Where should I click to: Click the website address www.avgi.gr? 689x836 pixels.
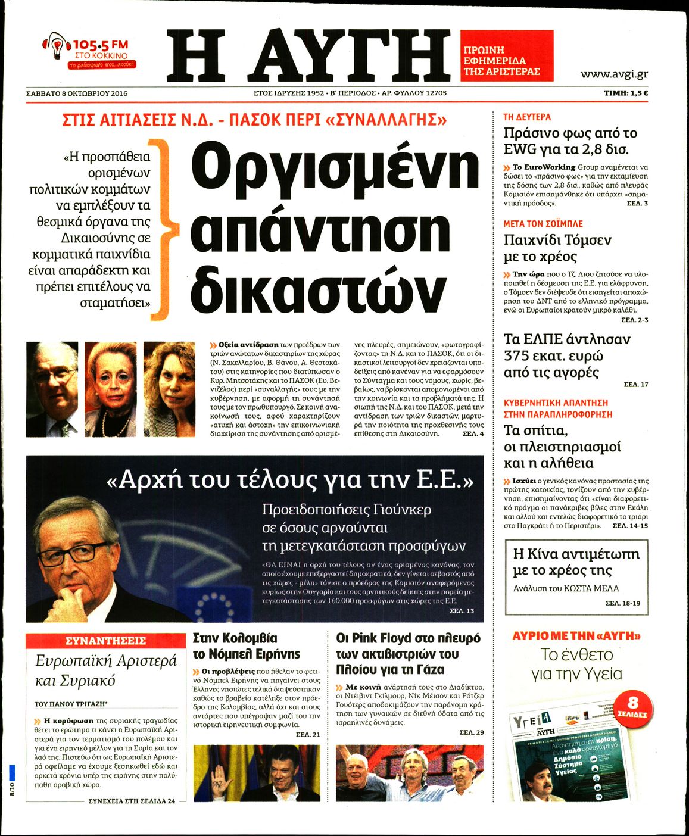coord(614,74)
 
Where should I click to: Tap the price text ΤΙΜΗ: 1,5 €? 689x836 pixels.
coord(625,93)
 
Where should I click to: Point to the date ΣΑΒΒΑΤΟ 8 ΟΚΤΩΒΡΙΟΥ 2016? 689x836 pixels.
coord(77,93)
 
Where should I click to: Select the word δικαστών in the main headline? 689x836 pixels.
coord(319,290)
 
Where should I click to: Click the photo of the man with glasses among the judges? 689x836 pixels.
coord(52,389)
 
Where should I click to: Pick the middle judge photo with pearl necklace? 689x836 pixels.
coord(110,389)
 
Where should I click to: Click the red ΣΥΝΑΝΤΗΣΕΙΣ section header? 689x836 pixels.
coord(105,641)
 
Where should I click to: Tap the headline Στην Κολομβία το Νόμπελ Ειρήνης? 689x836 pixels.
coord(247,646)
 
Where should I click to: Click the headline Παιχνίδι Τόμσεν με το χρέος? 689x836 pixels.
coord(557,248)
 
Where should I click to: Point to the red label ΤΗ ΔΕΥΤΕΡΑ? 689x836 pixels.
coord(527,117)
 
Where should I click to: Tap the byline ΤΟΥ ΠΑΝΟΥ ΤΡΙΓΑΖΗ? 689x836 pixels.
coord(74,703)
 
